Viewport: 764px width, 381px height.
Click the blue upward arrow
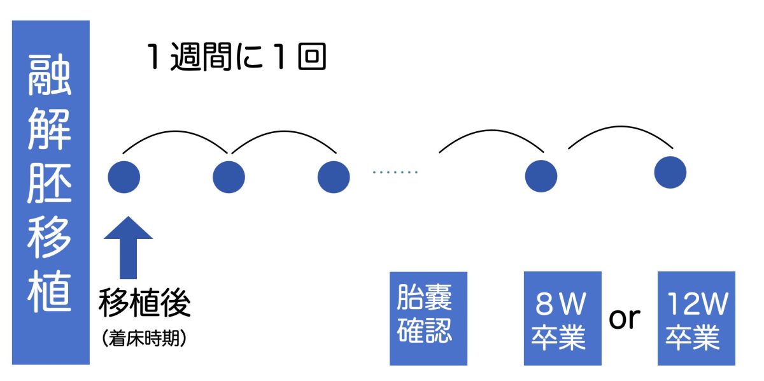point(128,248)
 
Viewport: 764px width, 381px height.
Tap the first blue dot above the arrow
point(124,177)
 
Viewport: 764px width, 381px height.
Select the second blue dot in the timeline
point(229,177)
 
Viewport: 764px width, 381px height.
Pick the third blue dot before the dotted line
point(334,177)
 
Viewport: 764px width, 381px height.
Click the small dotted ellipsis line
point(395,173)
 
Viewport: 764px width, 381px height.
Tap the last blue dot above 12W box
point(670,172)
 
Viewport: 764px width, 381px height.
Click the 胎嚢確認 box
point(428,319)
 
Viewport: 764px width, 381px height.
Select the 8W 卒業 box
point(562,319)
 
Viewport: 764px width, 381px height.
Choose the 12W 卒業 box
point(696,319)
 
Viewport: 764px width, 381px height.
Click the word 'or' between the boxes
point(625,318)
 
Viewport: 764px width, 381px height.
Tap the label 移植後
point(145,304)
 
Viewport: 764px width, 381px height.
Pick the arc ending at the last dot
point(619,127)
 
